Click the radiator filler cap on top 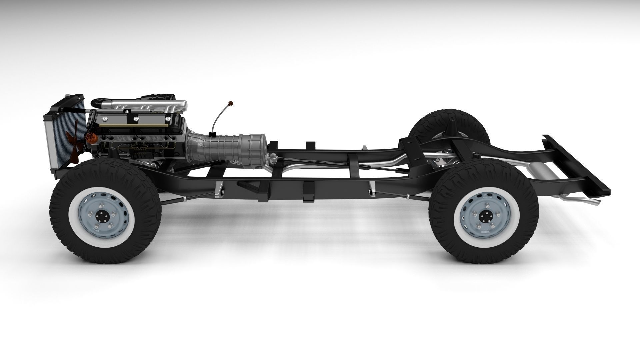pyautogui.click(x=69, y=97)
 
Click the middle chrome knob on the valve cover pyautogui.click(x=136, y=118)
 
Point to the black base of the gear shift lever pyautogui.click(x=211, y=134)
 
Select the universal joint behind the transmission pyautogui.click(x=274, y=157)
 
